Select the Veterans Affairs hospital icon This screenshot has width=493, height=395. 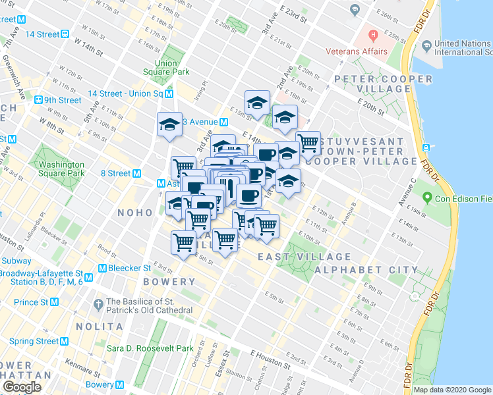point(373,34)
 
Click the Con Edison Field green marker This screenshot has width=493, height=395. point(427,197)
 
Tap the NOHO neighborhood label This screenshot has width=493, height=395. point(134,213)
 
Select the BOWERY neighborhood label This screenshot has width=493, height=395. point(169,282)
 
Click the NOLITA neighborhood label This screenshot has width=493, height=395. point(101,327)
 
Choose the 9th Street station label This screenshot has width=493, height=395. point(63,100)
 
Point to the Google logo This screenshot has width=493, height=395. point(22,387)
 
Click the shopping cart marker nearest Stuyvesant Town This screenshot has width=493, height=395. point(308,142)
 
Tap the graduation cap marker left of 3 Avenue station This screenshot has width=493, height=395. point(169,124)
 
